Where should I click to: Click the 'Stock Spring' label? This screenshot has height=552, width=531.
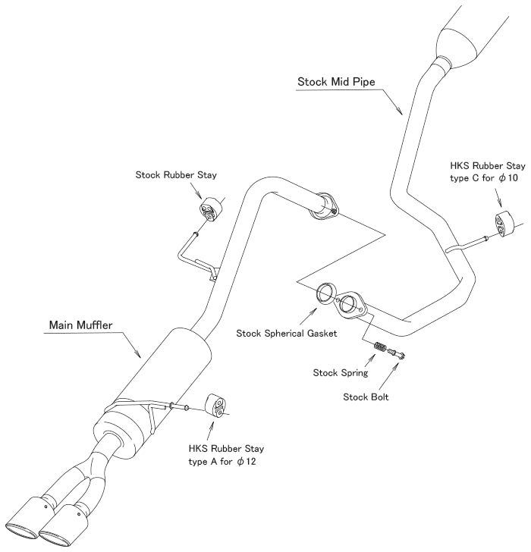pos(340,372)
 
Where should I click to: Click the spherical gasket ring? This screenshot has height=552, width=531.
pos(327,293)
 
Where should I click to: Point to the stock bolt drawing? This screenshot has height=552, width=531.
pos(396,353)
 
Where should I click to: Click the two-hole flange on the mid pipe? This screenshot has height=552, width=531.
pos(352,305)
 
